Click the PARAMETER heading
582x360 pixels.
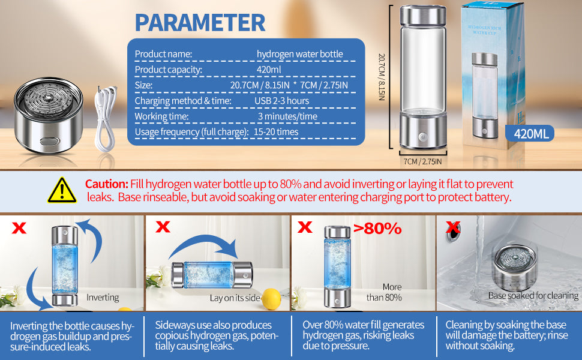(200, 22)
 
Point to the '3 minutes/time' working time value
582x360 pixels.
(287, 116)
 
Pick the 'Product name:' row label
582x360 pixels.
(163, 54)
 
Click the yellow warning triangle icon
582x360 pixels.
(62, 190)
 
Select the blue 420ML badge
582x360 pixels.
(530, 133)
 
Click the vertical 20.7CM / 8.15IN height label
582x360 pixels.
(382, 77)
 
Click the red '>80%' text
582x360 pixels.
(377, 229)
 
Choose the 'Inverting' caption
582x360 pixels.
(103, 297)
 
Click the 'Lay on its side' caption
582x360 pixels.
(235, 298)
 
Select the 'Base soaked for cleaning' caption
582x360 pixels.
(533, 296)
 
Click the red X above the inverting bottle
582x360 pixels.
(19, 228)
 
